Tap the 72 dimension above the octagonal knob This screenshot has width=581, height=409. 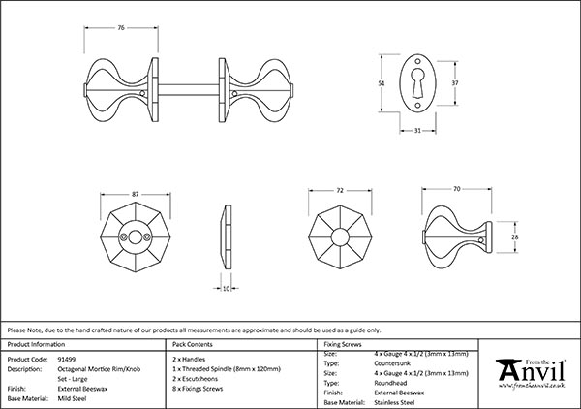coord(339,192)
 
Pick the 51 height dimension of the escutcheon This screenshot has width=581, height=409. coord(382,84)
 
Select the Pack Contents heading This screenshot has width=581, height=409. coord(192,344)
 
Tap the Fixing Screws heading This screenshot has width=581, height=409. coord(344,344)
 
